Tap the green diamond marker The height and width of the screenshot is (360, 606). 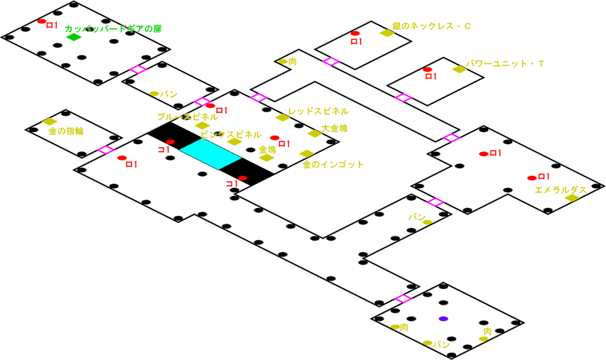(x=74, y=37)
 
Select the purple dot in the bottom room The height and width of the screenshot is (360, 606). (x=443, y=318)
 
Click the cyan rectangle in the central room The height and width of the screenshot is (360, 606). (x=211, y=153)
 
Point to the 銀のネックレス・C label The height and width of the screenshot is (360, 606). (x=432, y=26)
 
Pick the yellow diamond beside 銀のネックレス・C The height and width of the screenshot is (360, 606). (x=386, y=33)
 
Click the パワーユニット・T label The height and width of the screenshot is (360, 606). (x=505, y=64)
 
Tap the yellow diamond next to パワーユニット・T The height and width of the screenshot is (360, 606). (x=459, y=69)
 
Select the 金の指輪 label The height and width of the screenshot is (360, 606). (x=66, y=131)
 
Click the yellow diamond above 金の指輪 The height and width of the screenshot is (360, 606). (x=50, y=121)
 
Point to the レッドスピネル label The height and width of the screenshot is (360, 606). (x=318, y=111)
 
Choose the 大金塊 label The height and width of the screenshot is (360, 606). (x=335, y=129)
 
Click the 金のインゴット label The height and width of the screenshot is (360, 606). (x=333, y=165)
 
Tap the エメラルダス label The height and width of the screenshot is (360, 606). (x=561, y=190)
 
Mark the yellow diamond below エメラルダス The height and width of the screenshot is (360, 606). (x=571, y=198)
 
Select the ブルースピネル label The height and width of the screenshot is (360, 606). (x=188, y=116)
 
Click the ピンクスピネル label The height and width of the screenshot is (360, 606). (x=229, y=134)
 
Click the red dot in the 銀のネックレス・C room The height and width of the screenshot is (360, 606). (x=355, y=33)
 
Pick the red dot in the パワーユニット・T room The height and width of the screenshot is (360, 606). (x=427, y=70)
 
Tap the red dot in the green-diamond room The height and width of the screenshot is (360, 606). (x=42, y=22)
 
